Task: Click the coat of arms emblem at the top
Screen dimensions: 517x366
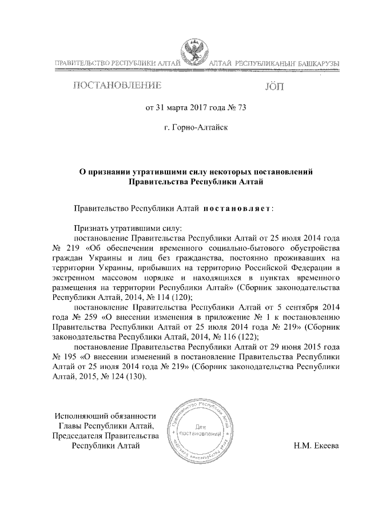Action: tap(196, 53)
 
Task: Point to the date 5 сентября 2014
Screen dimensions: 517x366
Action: tap(309, 307)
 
